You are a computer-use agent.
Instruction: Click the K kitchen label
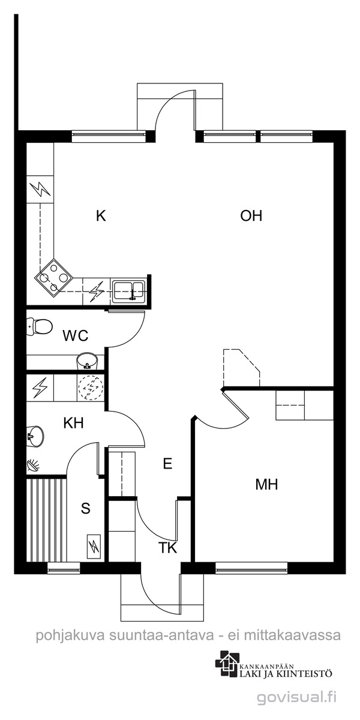(x=101, y=215)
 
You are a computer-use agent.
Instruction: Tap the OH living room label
(x=251, y=215)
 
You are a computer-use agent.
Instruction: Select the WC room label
(x=76, y=336)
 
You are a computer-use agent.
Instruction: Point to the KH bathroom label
(x=74, y=423)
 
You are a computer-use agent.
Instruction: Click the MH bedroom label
(x=266, y=484)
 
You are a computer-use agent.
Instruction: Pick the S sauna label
(x=85, y=509)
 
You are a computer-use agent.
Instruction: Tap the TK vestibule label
(x=168, y=548)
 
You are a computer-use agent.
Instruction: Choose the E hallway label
(x=167, y=464)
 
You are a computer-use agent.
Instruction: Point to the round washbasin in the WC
(x=87, y=361)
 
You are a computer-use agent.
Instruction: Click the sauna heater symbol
(x=94, y=547)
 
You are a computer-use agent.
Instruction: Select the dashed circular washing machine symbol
(x=91, y=387)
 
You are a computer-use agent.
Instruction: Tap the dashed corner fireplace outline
(x=241, y=367)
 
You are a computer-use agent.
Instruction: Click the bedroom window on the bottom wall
(x=251, y=568)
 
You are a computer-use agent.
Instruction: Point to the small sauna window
(x=64, y=568)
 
